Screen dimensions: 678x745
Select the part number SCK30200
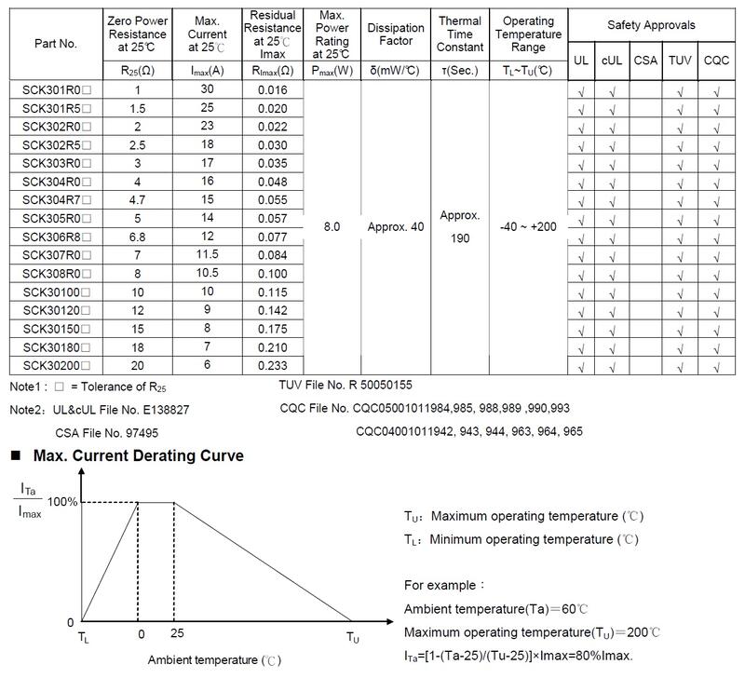pos(57,366)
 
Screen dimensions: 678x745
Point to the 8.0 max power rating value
pos(332,227)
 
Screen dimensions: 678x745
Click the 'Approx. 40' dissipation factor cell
pos(395,227)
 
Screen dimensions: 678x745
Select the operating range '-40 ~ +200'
pos(528,227)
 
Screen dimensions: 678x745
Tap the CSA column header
pos(644,61)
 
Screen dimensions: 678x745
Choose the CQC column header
pos(717,61)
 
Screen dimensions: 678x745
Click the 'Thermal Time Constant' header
pos(460,34)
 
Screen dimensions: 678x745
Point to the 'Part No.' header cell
pos(56,43)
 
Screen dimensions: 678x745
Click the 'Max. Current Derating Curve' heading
pos(138,456)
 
